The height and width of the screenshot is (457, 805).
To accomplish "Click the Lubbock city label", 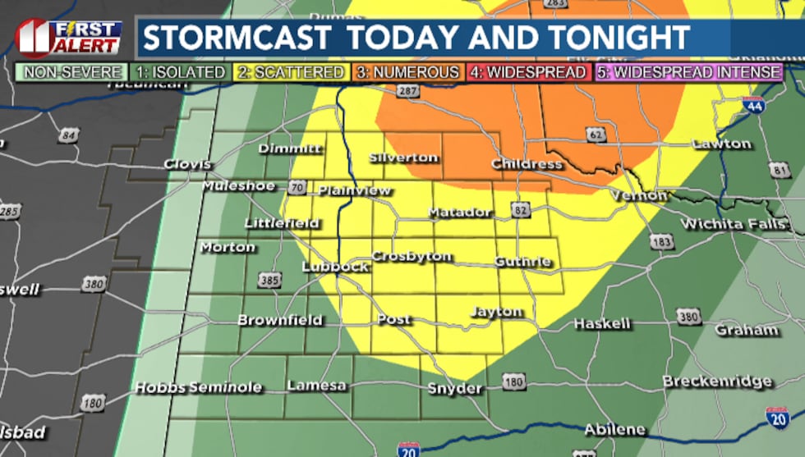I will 335,267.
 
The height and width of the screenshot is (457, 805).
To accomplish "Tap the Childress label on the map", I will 527,164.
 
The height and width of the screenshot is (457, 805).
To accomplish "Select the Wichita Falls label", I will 723,224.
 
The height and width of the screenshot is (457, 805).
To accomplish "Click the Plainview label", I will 355,190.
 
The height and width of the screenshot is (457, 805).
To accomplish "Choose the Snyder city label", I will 454,388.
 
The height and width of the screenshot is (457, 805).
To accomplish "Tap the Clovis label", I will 187,164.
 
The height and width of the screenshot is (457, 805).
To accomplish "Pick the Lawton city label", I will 721,144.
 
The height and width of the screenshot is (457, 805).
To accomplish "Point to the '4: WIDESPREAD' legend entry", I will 527,72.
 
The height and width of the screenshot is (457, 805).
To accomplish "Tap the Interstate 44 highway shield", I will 752,105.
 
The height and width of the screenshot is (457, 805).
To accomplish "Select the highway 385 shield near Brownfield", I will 269,281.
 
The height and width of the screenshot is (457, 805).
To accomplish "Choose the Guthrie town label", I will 522,262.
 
